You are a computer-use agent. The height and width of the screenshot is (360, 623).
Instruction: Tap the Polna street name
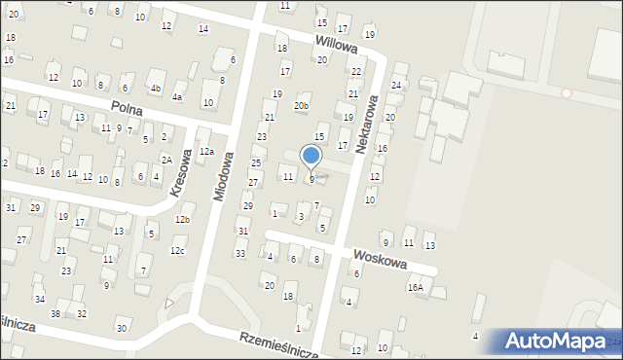tap(128, 110)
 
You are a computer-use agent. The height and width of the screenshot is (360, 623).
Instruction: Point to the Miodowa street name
tap(223, 175)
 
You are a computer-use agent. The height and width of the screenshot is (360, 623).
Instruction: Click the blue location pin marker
tap(311, 157)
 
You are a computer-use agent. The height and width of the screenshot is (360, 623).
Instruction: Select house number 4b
tap(155, 89)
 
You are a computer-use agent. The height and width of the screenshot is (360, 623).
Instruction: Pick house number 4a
tap(177, 97)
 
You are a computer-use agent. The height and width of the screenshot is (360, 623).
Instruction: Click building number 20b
tap(302, 105)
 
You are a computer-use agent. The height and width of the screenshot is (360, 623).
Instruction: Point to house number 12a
tap(206, 152)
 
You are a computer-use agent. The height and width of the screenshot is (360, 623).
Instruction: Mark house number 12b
tap(182, 219)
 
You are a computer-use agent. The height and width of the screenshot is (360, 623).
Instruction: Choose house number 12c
tap(176, 252)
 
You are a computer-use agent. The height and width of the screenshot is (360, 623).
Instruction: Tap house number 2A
tap(166, 160)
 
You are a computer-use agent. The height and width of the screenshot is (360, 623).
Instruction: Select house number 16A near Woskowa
tap(416, 288)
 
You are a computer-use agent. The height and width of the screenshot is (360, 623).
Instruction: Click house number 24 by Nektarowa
tap(396, 86)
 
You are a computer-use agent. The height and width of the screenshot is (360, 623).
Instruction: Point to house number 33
tap(239, 253)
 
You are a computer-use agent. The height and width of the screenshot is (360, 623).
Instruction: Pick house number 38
tap(55, 313)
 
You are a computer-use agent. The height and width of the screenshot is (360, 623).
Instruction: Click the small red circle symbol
tap(567, 93)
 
